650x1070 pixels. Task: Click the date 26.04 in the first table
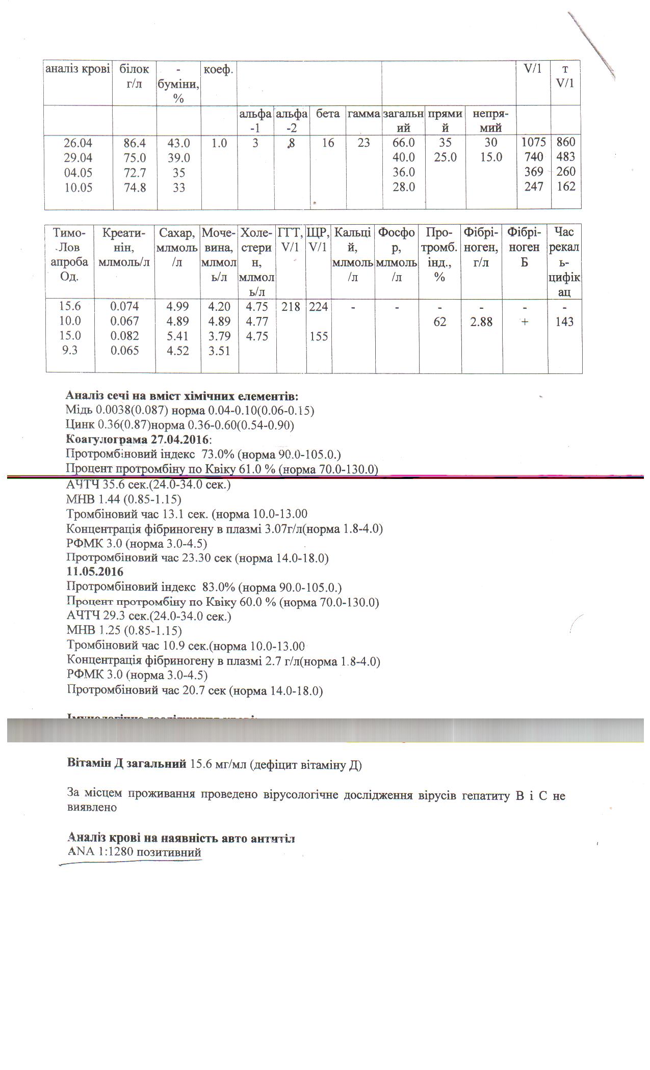pyautogui.click(x=78, y=143)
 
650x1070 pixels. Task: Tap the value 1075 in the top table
pyautogui.click(x=534, y=142)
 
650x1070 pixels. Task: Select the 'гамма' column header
pyautogui.click(x=363, y=114)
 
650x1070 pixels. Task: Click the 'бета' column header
pyautogui.click(x=328, y=114)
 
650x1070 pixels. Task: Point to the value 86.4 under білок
pyautogui.click(x=135, y=143)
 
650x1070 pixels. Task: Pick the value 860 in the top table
pyautogui.click(x=565, y=142)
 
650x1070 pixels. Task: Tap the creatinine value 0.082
pyautogui.click(x=124, y=336)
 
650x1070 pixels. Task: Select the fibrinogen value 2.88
pyautogui.click(x=481, y=322)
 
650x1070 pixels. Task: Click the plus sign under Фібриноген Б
pyautogui.click(x=525, y=322)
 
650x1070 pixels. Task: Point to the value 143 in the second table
pyautogui.click(x=565, y=322)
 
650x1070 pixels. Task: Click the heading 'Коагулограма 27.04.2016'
pyautogui.click(x=139, y=440)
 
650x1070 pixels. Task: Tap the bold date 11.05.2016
pyautogui.click(x=95, y=572)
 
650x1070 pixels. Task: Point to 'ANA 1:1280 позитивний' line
pyautogui.click(x=135, y=852)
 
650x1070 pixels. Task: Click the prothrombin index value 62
pyautogui.click(x=439, y=322)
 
